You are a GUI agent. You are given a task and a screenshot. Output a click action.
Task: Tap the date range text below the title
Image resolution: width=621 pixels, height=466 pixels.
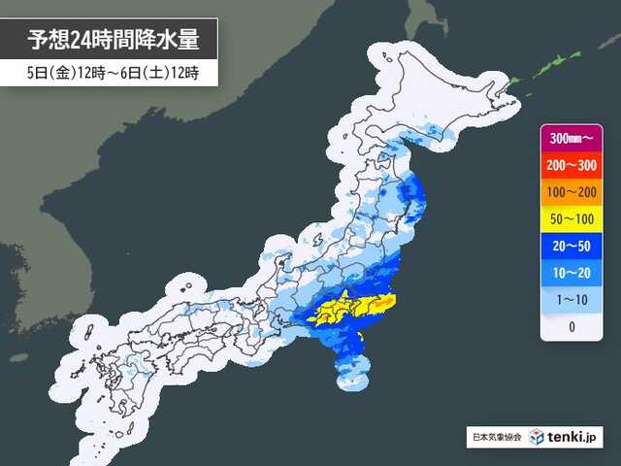coord(108,74)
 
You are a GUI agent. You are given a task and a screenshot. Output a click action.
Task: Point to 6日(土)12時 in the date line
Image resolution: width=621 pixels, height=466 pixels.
coord(159,74)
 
